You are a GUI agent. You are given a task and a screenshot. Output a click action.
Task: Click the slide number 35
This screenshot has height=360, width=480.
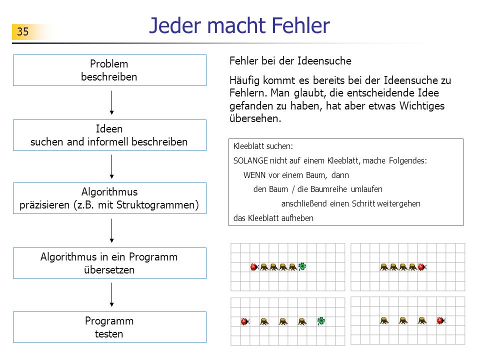tap(22, 31)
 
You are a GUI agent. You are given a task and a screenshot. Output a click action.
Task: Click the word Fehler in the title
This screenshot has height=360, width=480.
tap(300, 25)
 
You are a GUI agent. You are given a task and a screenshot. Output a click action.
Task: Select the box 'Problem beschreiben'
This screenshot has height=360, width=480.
tap(109, 70)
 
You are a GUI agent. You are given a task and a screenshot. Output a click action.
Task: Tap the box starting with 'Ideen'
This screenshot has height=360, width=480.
tap(109, 135)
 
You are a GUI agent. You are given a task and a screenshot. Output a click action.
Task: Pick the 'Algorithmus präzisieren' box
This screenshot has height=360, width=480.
tap(109, 198)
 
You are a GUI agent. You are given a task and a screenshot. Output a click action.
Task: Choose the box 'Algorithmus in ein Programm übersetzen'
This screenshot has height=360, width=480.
tap(109, 263)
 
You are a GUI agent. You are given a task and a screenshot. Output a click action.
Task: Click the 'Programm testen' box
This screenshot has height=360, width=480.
tap(109, 327)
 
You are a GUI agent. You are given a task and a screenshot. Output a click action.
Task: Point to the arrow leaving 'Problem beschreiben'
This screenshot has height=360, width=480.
tap(111, 102)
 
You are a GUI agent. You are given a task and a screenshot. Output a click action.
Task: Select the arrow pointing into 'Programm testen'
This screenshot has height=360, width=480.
tap(111, 295)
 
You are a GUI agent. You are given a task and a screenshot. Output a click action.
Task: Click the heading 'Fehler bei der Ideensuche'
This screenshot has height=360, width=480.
tap(290, 60)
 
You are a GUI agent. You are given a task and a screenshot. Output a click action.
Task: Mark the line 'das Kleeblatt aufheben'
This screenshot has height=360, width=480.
tap(273, 218)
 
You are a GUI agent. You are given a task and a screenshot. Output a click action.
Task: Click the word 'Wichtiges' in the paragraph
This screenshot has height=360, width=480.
tap(422, 105)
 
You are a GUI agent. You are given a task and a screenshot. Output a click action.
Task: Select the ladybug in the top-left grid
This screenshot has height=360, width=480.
tap(254, 267)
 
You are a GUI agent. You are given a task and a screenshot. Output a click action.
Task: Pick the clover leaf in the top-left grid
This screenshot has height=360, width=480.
tap(302, 266)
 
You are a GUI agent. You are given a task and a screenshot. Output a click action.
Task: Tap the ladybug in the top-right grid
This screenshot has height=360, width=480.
tap(422, 267)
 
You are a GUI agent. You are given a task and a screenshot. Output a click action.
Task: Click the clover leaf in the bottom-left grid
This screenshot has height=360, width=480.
tap(321, 321)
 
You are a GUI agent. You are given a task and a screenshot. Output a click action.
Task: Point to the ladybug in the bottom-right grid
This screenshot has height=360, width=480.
tap(441, 320)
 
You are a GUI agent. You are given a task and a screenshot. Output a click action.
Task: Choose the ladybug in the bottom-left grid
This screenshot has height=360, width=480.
tap(245, 321)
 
